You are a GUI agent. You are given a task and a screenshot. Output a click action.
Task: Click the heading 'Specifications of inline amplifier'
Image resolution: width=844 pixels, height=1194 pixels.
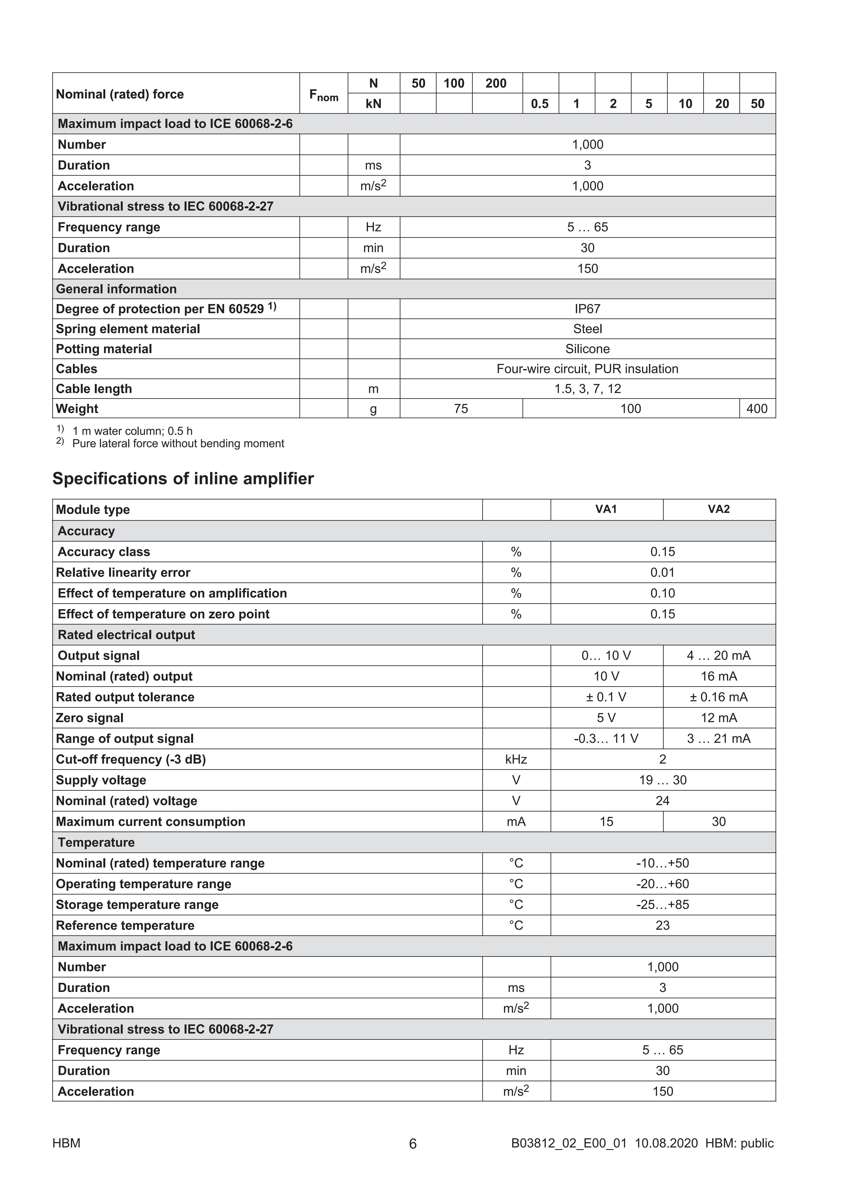click(183, 478)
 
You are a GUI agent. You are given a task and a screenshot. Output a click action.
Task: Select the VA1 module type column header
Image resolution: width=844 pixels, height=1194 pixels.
click(606, 509)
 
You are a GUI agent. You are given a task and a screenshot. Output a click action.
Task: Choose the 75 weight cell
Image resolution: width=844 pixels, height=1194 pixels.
click(461, 409)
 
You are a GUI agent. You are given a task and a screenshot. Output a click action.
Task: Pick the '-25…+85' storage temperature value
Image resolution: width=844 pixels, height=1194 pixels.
click(663, 905)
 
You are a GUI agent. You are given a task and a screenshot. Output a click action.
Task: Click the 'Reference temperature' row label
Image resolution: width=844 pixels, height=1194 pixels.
click(125, 926)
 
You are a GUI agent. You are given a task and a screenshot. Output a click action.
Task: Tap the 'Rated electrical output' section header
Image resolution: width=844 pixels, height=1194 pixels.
click(126, 635)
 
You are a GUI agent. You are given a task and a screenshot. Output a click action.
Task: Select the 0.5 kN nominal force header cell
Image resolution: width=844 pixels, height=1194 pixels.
click(540, 104)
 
